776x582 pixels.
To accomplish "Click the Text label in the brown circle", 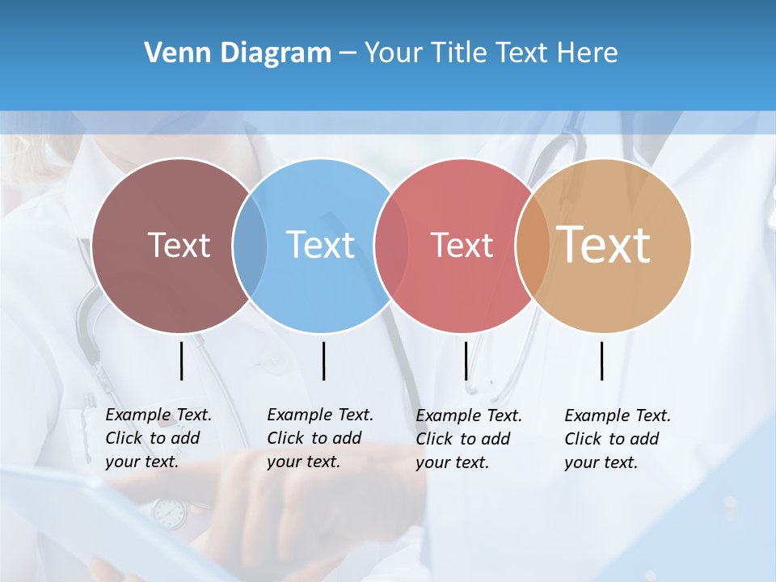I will tap(179, 245).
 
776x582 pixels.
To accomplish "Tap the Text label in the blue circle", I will tap(320, 245).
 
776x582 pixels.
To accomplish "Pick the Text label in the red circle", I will tap(462, 245).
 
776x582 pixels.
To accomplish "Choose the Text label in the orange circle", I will tap(604, 244).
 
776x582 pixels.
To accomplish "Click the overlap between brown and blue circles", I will tap(250, 245).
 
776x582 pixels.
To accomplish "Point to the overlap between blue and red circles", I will tap(391, 245).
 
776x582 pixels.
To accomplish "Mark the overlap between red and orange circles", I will tap(533, 245).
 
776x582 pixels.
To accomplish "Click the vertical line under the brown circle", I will tap(182, 361).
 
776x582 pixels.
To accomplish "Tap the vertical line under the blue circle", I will tap(323, 361).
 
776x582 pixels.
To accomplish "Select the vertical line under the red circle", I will tap(466, 361).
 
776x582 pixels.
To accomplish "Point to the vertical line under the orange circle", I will tap(601, 361).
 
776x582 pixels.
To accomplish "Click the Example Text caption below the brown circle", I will tap(158, 438).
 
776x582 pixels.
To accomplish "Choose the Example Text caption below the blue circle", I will tap(319, 438).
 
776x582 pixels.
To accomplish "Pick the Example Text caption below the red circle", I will tap(468, 439).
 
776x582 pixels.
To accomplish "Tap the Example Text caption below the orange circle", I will tap(617, 439).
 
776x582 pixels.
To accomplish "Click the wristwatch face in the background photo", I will tap(169, 512).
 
